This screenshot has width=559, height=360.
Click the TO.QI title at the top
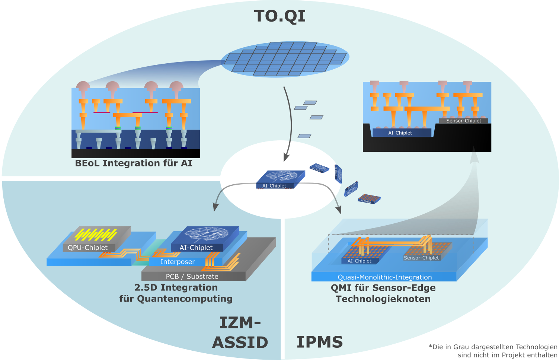pos(280,16)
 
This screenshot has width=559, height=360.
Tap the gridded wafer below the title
pos(285,59)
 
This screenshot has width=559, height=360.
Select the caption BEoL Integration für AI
pos(134,163)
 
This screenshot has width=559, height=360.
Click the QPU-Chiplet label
pos(87,248)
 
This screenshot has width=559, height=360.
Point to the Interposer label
pos(178,262)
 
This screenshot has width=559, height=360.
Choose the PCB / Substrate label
pos(192,276)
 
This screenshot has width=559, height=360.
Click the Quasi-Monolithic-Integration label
pos(384,277)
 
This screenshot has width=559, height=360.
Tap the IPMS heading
pos(320,342)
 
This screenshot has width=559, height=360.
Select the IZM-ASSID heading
pos(240,332)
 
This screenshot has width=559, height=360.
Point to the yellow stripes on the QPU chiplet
pos(96,234)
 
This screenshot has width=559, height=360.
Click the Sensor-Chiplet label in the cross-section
pos(463,121)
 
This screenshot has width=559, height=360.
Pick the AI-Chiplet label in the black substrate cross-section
pos(400,133)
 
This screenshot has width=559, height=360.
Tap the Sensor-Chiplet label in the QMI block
pos(421,258)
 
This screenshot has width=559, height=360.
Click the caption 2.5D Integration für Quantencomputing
pos(176,293)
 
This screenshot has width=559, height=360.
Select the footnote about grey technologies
pos(493,351)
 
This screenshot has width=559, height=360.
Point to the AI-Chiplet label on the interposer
pos(196,248)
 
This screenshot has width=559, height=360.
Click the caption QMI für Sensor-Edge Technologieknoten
pos(383,293)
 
